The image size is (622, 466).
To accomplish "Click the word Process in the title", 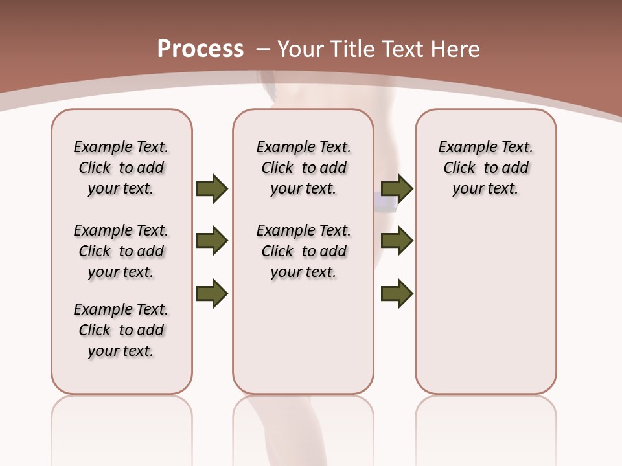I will [200, 49].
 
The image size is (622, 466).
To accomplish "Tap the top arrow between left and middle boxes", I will [212, 188].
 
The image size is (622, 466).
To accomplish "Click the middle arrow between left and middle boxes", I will [212, 241].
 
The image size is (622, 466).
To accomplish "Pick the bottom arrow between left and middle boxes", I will [212, 293].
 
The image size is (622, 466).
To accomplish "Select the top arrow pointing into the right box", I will [397, 188].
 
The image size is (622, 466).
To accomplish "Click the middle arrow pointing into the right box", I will [397, 241].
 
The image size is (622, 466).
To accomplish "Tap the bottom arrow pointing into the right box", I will [397, 293].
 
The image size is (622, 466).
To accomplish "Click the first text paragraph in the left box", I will [121, 168].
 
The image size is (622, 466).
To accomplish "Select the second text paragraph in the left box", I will [121, 251].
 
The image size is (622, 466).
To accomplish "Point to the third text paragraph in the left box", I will [121, 330].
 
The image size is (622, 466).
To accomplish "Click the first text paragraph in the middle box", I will [303, 168].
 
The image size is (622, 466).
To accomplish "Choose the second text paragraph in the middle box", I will [303, 251].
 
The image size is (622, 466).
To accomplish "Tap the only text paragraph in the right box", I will [485, 168].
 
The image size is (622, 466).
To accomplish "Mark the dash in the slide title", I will [263, 49].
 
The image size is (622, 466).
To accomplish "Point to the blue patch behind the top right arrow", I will [387, 204].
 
